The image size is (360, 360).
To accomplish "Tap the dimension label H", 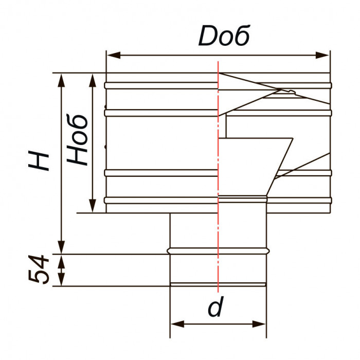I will point(40,160).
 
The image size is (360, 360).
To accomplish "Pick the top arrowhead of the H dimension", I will point(62,78).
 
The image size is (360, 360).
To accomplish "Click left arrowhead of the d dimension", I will point(175,324).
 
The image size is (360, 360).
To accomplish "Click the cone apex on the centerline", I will point(220,74).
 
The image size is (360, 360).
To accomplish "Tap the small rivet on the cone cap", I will point(292,92).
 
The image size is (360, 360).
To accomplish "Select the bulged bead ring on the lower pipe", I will point(218,251).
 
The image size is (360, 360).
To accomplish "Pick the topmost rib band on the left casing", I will point(159,85).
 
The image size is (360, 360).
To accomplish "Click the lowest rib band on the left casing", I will point(159,200).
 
